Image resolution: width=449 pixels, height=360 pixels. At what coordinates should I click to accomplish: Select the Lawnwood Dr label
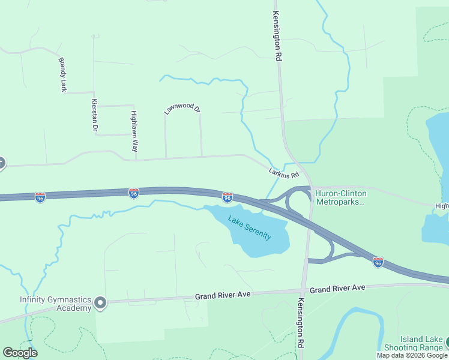182,109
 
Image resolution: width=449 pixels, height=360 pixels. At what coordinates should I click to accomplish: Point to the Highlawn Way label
134,131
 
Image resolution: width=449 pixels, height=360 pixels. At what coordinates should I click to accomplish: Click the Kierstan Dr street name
94,115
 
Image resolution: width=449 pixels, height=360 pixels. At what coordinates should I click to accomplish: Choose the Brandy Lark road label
62,74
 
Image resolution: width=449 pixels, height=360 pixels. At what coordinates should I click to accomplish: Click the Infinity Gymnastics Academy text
55,304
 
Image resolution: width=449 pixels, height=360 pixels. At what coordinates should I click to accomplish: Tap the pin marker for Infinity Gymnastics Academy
100,304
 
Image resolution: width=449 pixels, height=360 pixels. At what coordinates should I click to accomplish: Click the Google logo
20,353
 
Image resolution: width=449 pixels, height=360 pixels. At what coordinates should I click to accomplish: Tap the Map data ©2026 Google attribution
412,355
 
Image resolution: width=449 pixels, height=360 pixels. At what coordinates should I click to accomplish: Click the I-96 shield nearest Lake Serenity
228,197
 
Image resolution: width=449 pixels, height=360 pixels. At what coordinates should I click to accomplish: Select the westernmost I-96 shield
40,197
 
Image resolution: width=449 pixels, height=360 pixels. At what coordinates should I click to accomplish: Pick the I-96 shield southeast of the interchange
378,262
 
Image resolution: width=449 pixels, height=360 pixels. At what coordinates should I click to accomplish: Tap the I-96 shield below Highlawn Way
133,193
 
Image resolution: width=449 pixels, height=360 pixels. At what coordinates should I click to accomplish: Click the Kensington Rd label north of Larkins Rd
277,37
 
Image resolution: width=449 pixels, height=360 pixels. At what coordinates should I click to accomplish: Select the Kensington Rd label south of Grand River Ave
301,324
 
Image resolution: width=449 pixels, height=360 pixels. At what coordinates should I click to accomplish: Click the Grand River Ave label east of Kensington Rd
337,289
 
